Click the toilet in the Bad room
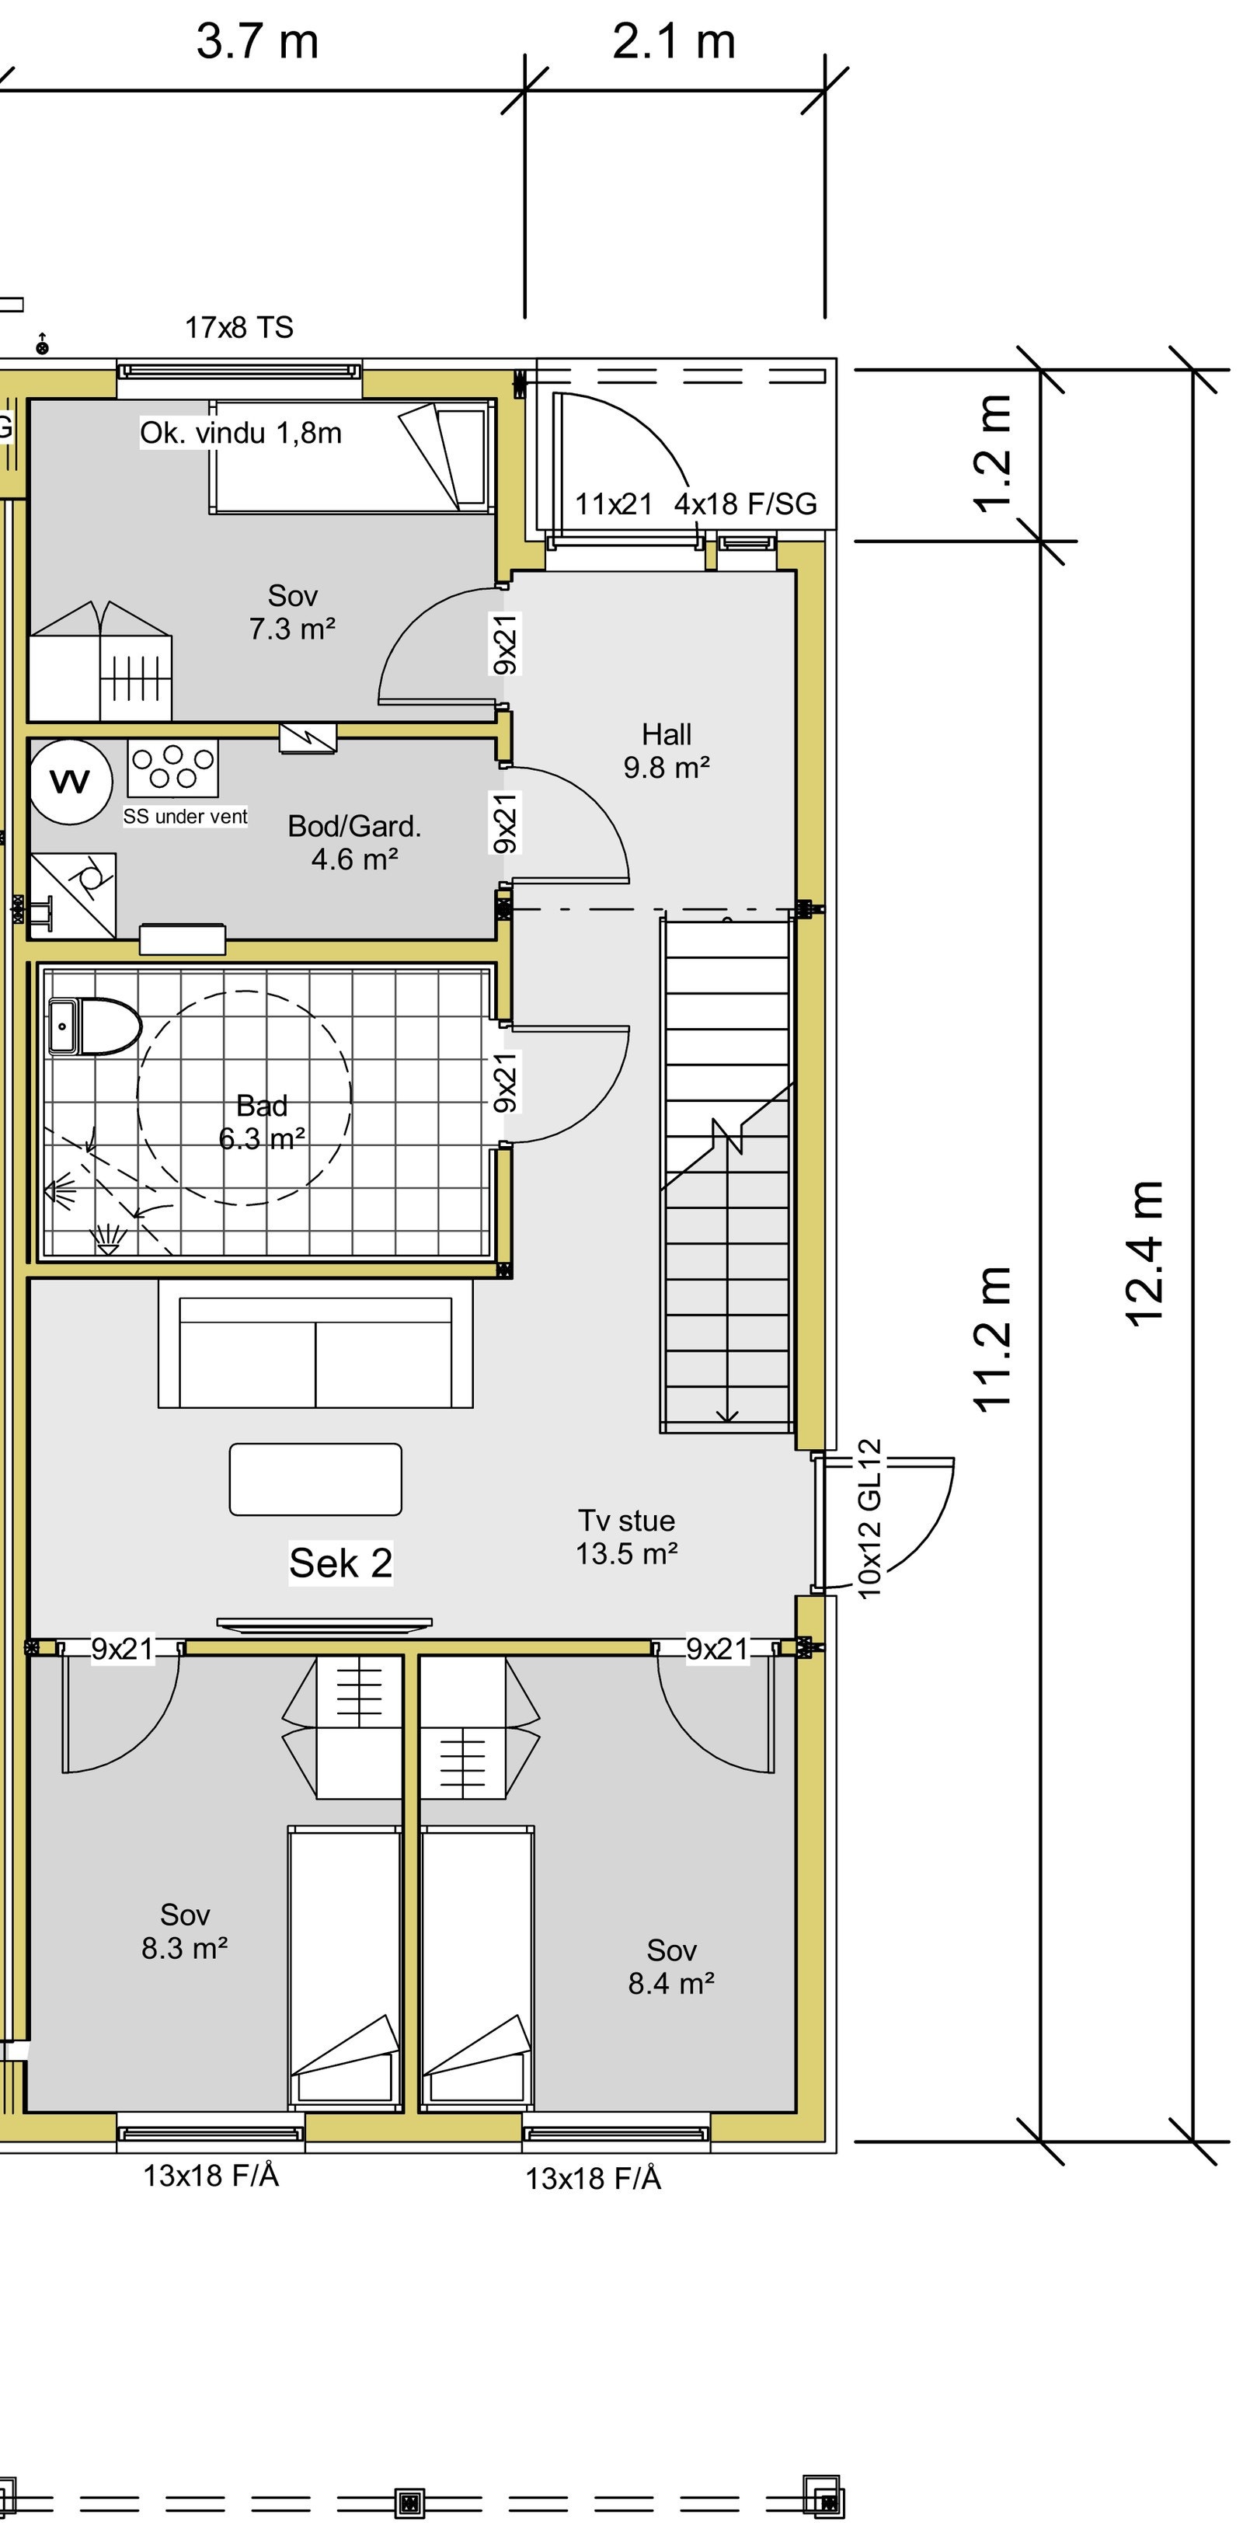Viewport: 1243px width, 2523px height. pyautogui.click(x=96, y=1026)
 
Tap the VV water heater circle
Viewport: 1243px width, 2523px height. pyautogui.click(x=70, y=782)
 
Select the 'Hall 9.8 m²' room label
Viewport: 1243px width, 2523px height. pyautogui.click(x=666, y=751)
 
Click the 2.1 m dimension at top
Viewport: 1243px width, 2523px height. pyautogui.click(x=674, y=41)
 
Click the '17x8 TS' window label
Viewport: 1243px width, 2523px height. pyautogui.click(x=239, y=327)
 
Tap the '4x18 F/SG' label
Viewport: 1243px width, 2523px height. pyautogui.click(x=745, y=504)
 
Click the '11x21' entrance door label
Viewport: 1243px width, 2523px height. pyautogui.click(x=613, y=504)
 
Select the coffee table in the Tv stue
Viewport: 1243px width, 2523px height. pyautogui.click(x=315, y=1479)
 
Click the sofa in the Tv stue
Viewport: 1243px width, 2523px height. pyautogui.click(x=315, y=1343)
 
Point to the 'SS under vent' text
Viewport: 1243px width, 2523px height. pyautogui.click(x=185, y=816)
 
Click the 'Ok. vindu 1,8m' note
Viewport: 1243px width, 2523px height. pyautogui.click(x=241, y=433)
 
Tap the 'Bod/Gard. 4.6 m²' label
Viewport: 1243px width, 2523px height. pyautogui.click(x=353, y=842)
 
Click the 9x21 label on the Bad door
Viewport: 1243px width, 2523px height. pyautogui.click(x=504, y=1082)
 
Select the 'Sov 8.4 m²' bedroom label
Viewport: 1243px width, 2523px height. pyautogui.click(x=671, y=1967)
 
